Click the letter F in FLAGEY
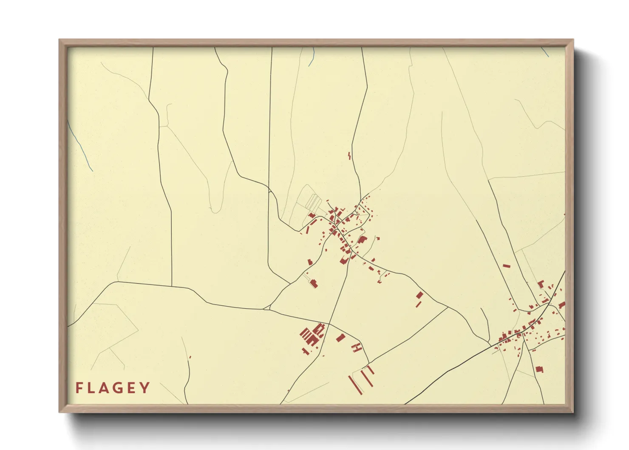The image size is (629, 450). (79, 388)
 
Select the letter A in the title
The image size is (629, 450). (105, 388)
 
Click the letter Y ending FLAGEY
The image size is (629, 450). (145, 388)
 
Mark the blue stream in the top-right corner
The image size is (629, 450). (545, 52)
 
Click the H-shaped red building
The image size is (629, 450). (357, 347)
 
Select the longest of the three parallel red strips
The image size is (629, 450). (355, 385)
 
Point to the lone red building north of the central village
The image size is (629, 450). (349, 156)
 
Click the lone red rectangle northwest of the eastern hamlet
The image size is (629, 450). (506, 266)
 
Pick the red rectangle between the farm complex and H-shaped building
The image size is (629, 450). (340, 338)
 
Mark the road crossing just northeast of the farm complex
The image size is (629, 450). (329, 324)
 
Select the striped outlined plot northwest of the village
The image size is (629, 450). (314, 202)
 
